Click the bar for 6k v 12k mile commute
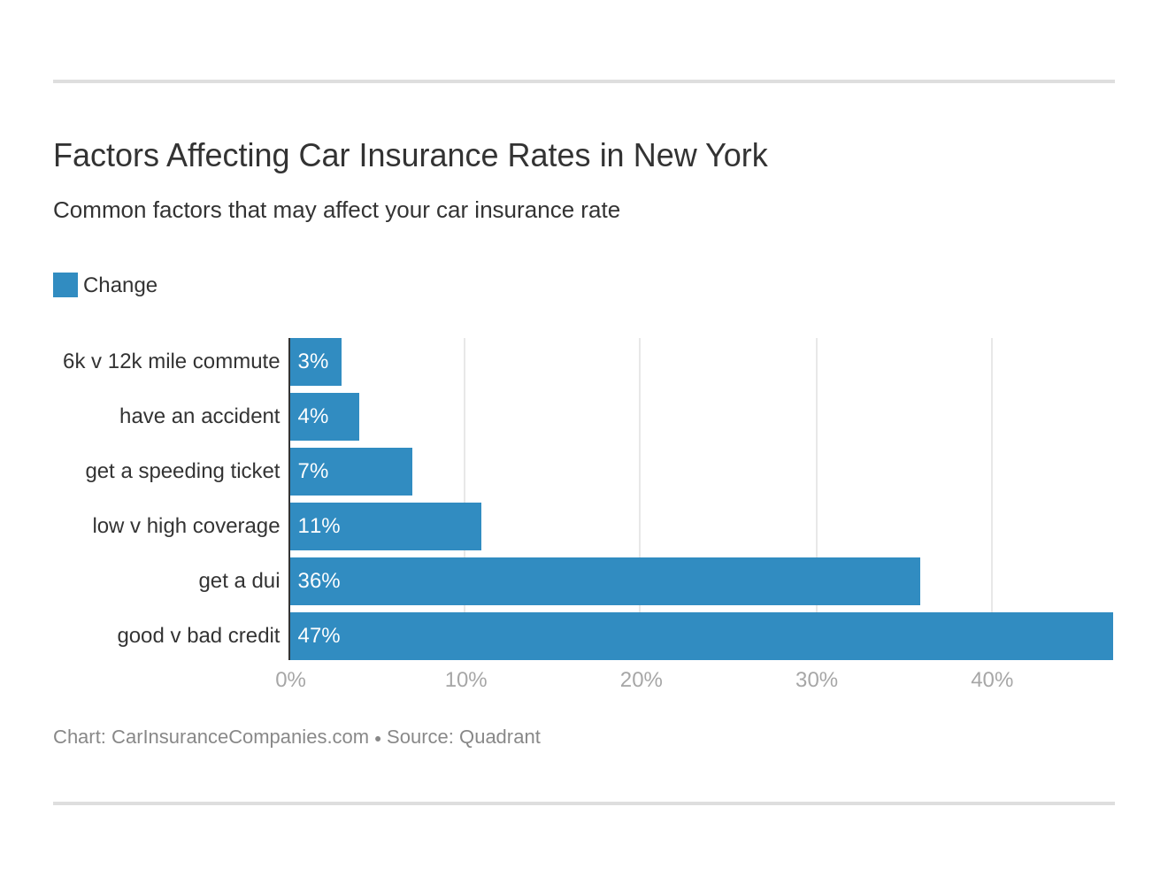click(x=316, y=362)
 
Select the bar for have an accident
click(x=325, y=417)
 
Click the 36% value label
click(x=319, y=581)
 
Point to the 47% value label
click(x=319, y=636)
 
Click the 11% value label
click(x=319, y=526)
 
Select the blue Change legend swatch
click(x=65, y=285)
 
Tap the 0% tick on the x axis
click(x=290, y=680)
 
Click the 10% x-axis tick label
click(x=465, y=680)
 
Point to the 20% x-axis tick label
click(x=641, y=680)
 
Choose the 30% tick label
click(x=816, y=680)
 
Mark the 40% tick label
click(x=991, y=680)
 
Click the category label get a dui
click(x=239, y=581)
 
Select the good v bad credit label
click(x=198, y=636)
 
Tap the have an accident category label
click(x=199, y=417)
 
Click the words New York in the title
click(x=700, y=156)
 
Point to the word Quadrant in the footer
click(x=500, y=737)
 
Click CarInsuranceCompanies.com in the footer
click(x=240, y=737)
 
